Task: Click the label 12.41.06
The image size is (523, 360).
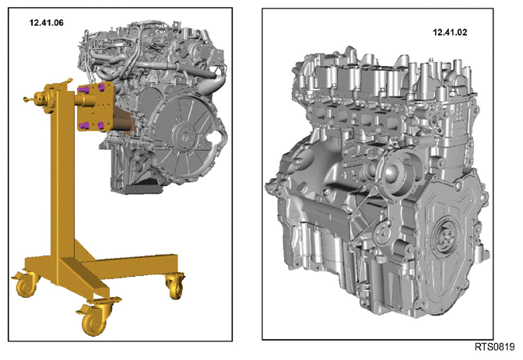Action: [47, 23]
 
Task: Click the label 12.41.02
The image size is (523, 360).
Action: [450, 33]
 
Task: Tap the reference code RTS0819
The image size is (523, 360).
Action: [495, 347]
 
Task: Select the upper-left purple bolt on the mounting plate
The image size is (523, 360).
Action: [83, 89]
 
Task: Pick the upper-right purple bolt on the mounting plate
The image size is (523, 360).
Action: [101, 87]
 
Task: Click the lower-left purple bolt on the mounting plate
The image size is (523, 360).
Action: [84, 125]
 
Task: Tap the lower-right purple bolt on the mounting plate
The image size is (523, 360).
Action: [102, 125]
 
